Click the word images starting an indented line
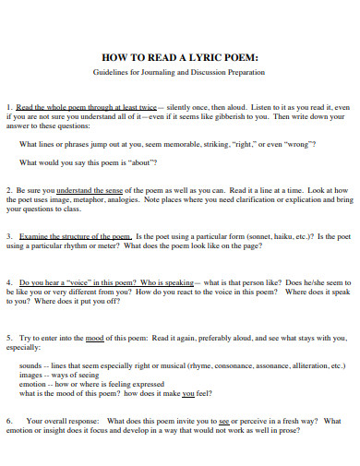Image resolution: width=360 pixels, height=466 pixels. click(x=30, y=375)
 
